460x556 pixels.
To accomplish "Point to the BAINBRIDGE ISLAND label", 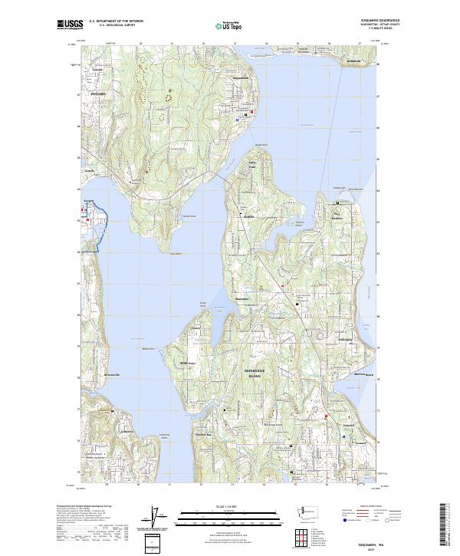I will [253, 374].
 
